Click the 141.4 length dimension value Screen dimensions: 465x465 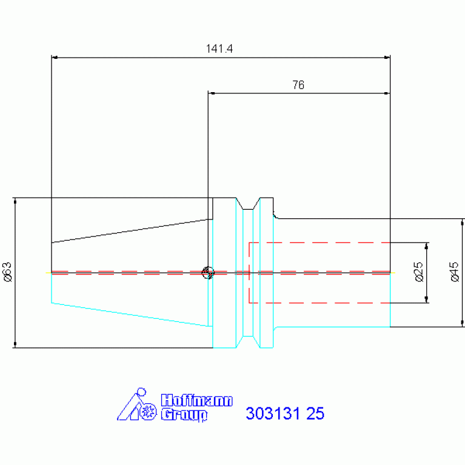tap(219, 49)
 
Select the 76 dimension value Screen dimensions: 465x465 tap(298, 85)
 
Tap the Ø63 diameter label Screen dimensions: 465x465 tap(7, 272)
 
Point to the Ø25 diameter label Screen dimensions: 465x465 tap(418, 272)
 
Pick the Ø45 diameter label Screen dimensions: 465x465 tap(454, 272)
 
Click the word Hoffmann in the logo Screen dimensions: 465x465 tap(197, 400)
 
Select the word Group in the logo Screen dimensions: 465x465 tap(184, 415)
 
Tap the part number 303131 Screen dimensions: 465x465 tap(273, 413)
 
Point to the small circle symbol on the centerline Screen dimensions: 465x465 tap(208, 273)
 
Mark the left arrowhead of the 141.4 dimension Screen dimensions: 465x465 tap(55, 58)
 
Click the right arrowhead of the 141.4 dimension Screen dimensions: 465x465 tap(387, 58)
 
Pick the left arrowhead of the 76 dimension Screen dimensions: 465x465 tap(212, 93)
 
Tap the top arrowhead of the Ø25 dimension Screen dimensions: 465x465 tap(427, 246)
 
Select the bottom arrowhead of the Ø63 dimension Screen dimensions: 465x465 tap(15, 344)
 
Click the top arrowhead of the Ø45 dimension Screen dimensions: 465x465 tap(463, 222)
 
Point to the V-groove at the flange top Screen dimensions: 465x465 tap(248, 204)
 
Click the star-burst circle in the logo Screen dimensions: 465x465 tap(148, 411)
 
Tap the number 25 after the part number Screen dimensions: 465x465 tap(315, 413)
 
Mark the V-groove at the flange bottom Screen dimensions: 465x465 tap(248, 342)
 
